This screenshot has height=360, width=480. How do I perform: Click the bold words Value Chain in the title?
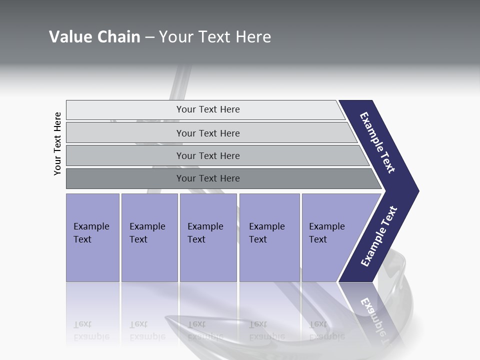point(94,37)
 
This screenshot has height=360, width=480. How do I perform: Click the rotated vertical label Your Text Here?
point(57,143)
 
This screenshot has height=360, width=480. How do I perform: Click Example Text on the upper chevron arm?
point(377,142)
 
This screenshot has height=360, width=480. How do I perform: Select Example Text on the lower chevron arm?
point(378,236)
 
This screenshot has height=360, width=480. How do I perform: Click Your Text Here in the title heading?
point(215,37)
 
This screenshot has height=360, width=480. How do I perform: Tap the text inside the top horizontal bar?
point(208,109)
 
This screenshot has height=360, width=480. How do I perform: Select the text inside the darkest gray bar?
point(208,178)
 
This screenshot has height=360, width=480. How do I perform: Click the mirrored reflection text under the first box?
point(91,330)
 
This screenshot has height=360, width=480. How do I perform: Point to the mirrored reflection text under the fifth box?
point(326,330)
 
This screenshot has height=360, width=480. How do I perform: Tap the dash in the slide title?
point(149,37)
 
